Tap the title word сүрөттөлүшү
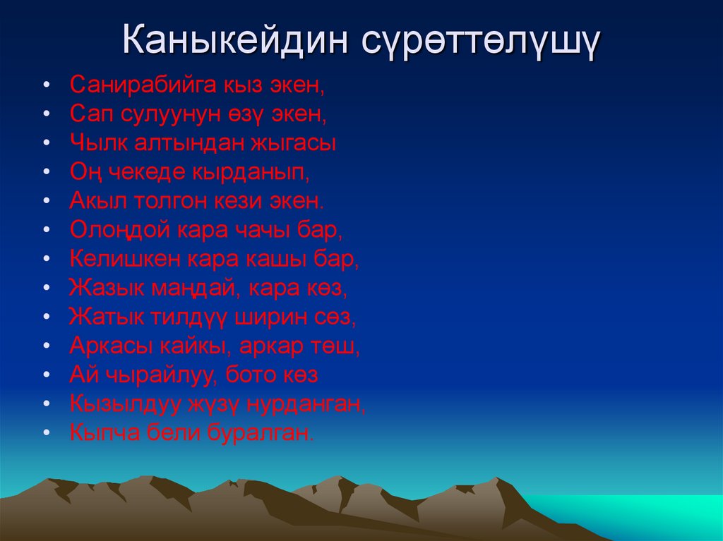coord(482,43)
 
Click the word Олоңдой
coord(119,230)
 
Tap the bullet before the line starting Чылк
coord(46,143)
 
